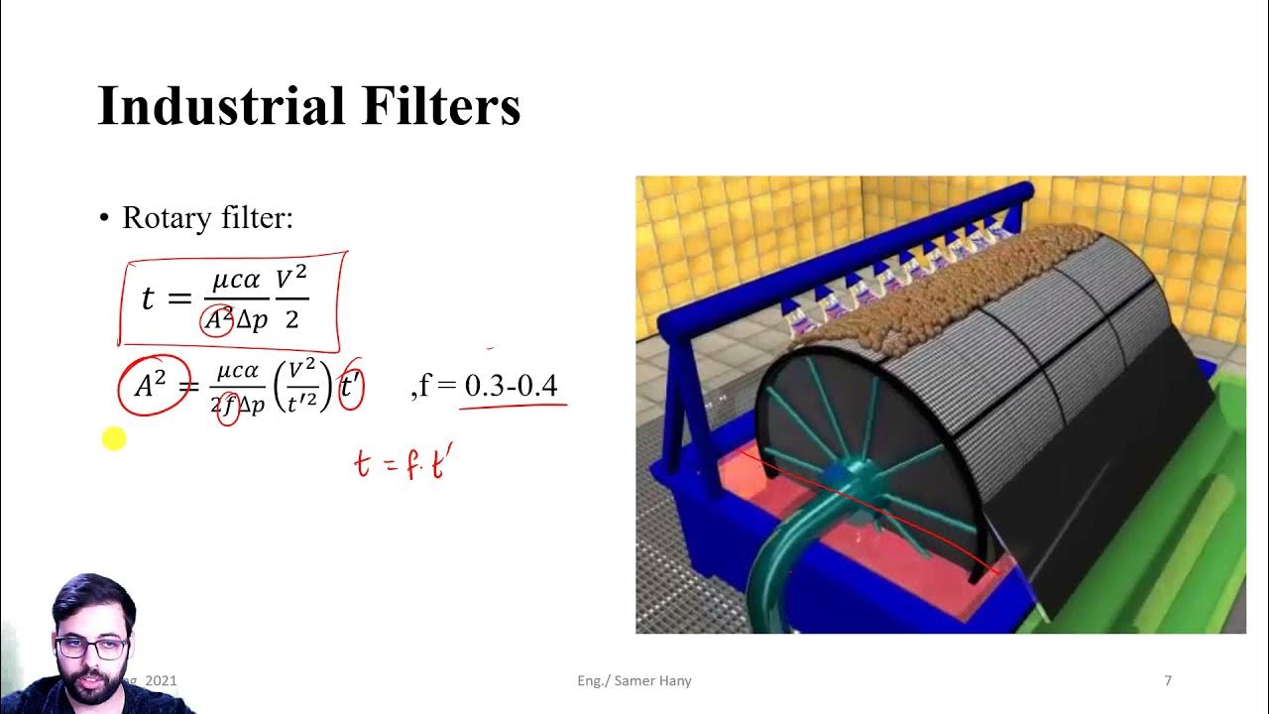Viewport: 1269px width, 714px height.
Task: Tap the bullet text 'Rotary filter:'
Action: [x=207, y=218]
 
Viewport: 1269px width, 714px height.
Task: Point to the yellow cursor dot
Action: [x=114, y=439]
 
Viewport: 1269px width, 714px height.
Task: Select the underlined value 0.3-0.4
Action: [x=512, y=385]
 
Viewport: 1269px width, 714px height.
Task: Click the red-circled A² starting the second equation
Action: [x=152, y=385]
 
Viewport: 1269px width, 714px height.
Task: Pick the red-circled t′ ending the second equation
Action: [x=351, y=386]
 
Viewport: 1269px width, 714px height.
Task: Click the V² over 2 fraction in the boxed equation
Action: [x=291, y=298]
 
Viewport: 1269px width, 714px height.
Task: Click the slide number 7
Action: [x=1168, y=680]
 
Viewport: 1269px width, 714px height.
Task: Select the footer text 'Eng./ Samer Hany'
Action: [x=634, y=680]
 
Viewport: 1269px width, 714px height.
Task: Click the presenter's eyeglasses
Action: [x=92, y=649]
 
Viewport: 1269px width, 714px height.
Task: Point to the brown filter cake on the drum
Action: [x=942, y=268]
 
